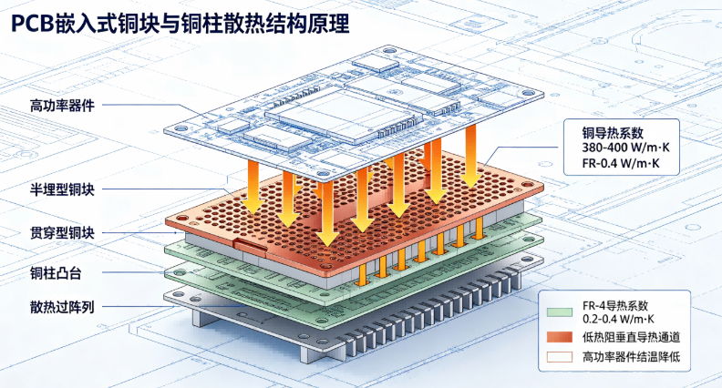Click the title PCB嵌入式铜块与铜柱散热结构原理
pyautogui.click(x=180, y=24)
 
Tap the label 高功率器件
pyautogui.click(x=62, y=106)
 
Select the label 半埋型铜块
pyautogui.click(x=62, y=189)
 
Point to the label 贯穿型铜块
pyautogui.click(x=62, y=233)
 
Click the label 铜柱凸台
pyautogui.click(x=56, y=273)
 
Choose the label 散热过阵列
pyautogui.click(x=62, y=307)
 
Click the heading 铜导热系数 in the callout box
pyautogui.click(x=613, y=133)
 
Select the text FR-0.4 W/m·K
pyautogui.click(x=621, y=163)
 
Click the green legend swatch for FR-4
pyautogui.click(x=560, y=312)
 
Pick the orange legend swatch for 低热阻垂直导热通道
pyautogui.click(x=560, y=337)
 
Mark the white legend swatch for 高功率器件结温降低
pyautogui.click(x=560, y=357)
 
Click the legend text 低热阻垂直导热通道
pyautogui.click(x=631, y=337)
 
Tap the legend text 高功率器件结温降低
pyautogui.click(x=631, y=357)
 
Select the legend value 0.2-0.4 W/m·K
pyautogui.click(x=618, y=319)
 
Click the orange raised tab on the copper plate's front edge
pyautogui.click(x=250, y=247)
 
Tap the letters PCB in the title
pyautogui.click(x=32, y=24)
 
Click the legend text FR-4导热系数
pyautogui.click(x=615, y=306)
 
